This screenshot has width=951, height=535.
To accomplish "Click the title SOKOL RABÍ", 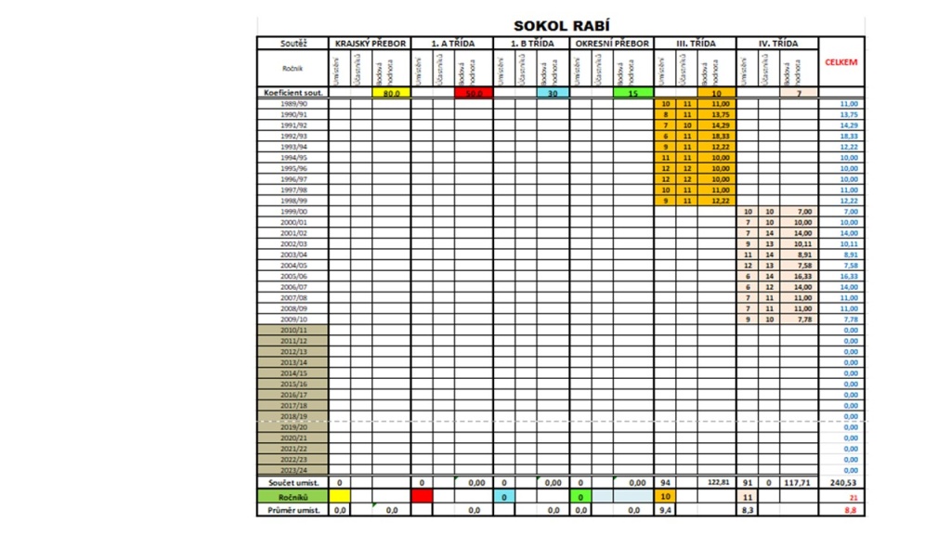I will click(x=562, y=26).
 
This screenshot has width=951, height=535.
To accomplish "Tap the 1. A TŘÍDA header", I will click(x=452, y=43).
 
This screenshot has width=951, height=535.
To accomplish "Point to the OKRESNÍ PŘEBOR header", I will click(x=612, y=43).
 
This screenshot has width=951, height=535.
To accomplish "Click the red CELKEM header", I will click(x=841, y=62).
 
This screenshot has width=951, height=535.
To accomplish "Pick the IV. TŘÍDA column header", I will click(x=777, y=43).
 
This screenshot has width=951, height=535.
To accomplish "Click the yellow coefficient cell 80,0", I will click(x=391, y=93).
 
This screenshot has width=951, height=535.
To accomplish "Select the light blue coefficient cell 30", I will click(x=552, y=93).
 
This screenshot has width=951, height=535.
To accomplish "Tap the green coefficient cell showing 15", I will click(x=632, y=93).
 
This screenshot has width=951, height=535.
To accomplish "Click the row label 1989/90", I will click(x=293, y=104).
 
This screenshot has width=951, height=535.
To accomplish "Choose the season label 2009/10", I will click(x=293, y=319).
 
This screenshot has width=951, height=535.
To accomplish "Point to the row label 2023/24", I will click(x=293, y=470).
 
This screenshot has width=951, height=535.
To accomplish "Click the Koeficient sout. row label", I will click(x=293, y=93).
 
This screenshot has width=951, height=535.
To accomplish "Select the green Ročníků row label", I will click(x=293, y=497).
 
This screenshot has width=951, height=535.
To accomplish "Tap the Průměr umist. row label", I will click(x=293, y=510).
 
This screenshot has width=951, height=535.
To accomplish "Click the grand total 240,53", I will click(x=841, y=483).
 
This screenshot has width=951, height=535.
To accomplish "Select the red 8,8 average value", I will click(x=850, y=510).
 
